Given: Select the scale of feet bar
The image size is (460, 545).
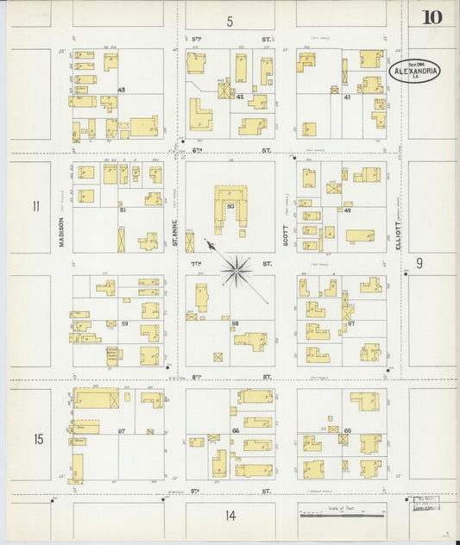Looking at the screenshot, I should [340, 515].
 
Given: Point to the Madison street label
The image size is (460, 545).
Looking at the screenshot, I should [63, 230].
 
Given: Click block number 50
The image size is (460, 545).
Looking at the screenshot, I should [230, 208].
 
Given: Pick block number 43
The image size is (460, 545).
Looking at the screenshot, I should [122, 91].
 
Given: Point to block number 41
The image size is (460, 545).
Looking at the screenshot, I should [346, 97].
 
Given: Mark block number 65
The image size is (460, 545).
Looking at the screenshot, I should [347, 429].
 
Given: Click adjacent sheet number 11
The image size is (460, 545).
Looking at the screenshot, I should [36, 206].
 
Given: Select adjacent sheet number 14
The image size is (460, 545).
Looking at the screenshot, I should [230, 516].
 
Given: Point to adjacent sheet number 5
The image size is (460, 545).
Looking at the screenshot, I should [230, 21].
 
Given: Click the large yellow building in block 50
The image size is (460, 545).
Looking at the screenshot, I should [230, 194].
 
